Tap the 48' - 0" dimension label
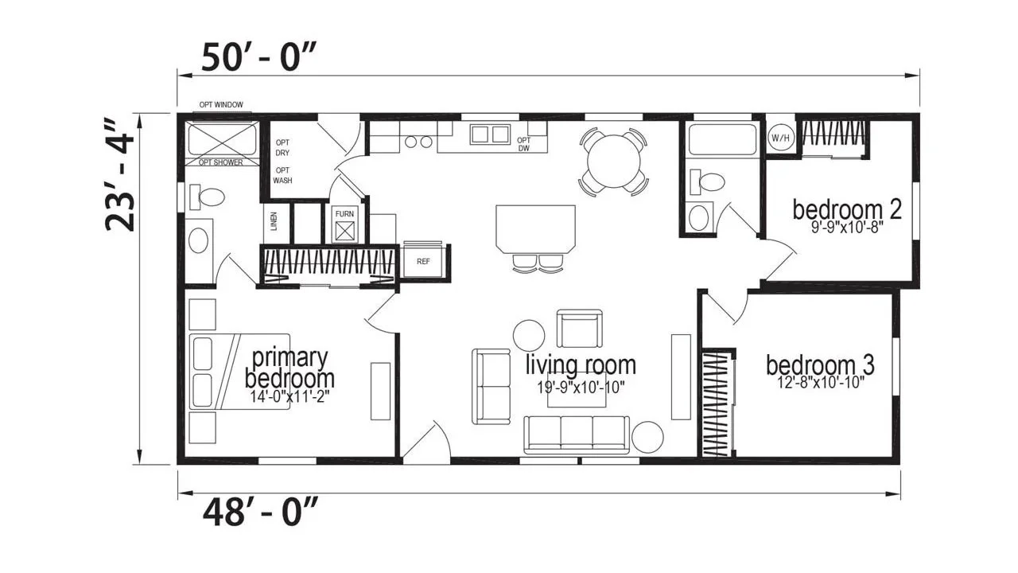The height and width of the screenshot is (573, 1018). coord(259,512)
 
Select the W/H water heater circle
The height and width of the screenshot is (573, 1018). coord(780,138)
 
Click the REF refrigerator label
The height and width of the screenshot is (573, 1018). coord(423,262)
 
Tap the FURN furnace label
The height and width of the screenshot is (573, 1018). coord(344,214)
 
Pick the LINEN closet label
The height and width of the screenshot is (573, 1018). coord(274,221)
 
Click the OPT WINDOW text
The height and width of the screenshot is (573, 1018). coord(221,105)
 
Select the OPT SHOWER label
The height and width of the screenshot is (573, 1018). coord(221,162)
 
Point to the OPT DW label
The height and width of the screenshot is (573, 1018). coord(523,144)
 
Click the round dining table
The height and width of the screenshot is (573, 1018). coord(613,162)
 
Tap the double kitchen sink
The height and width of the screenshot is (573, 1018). coord(489,134)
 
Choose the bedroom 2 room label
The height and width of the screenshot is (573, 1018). coord(847,210)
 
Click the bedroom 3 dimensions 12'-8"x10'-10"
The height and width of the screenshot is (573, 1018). coord(821,383)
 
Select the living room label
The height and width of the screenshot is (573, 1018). coord(581,365)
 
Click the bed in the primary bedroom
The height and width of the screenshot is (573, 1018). coord(239,372)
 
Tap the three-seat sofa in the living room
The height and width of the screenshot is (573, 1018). coord(577,435)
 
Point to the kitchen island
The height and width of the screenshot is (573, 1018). coord(535,229)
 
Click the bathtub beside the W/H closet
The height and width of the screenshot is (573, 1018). coord(723,139)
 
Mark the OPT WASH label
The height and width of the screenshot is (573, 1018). coord(282,175)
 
